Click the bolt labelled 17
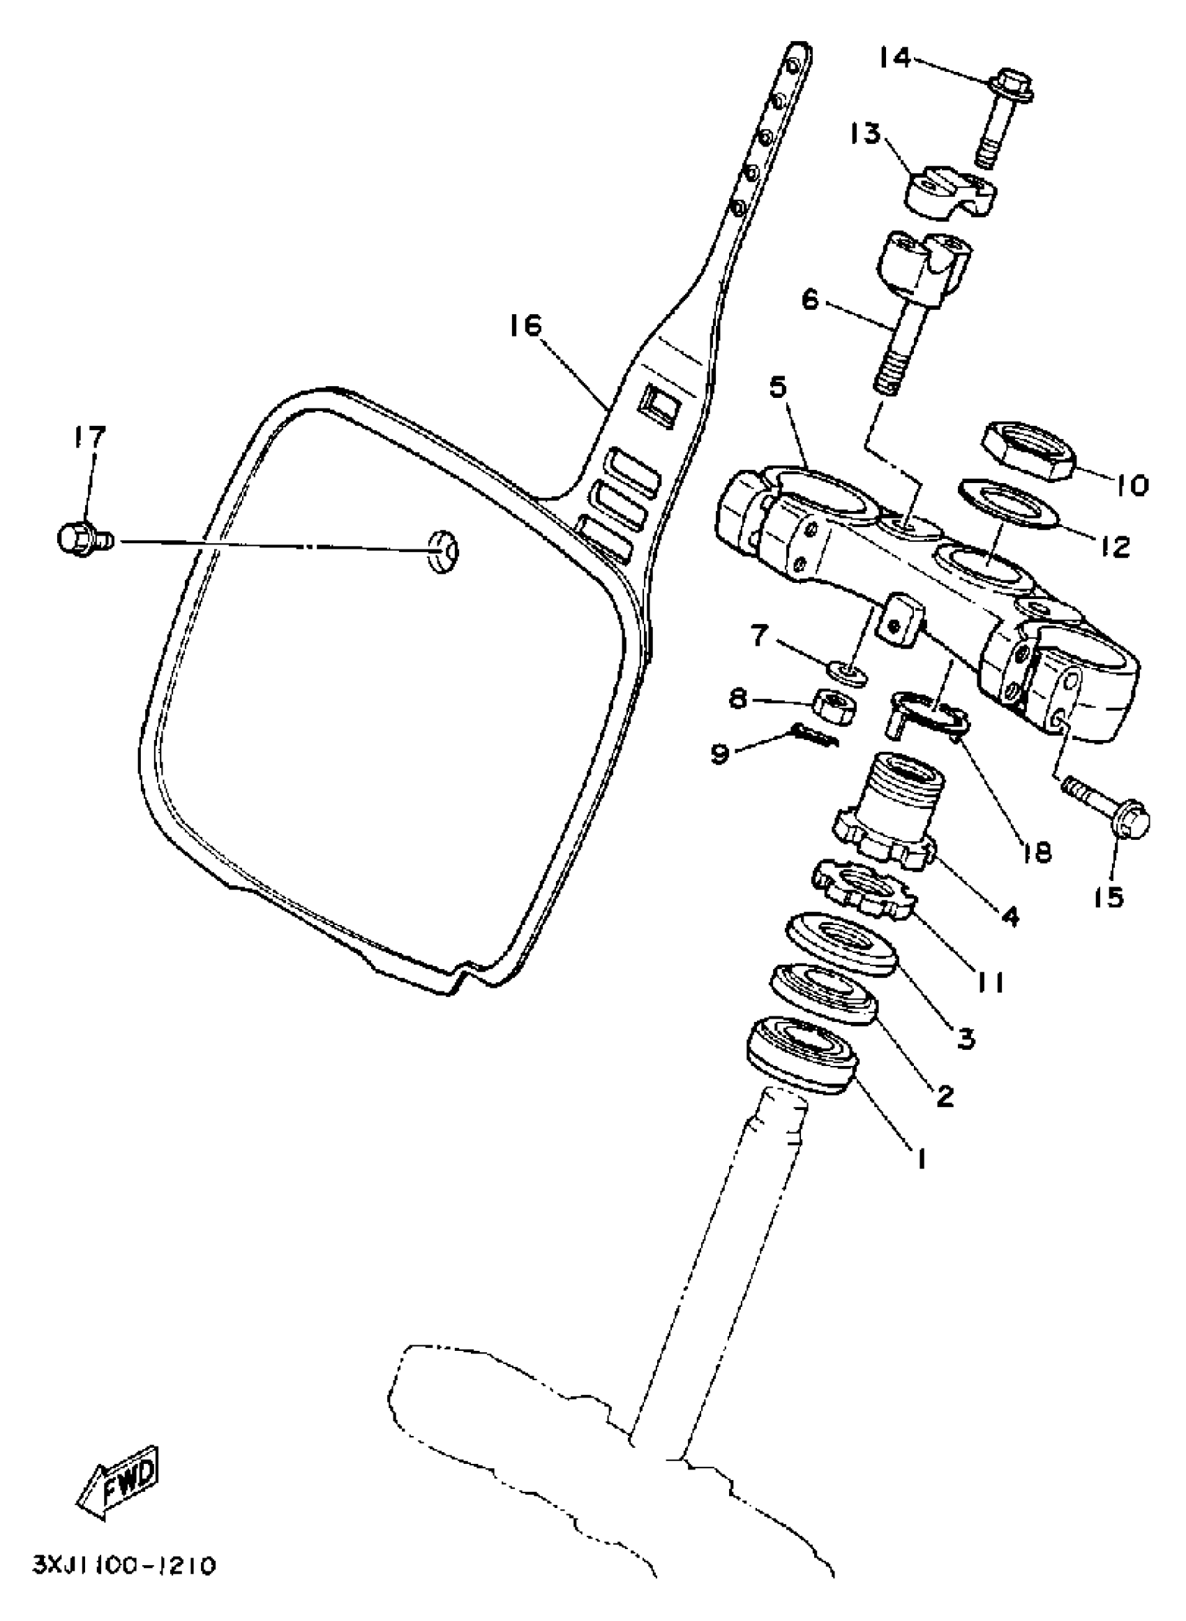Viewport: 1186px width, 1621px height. [80, 538]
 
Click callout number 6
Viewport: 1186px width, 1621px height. [810, 300]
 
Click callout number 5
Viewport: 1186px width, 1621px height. [778, 389]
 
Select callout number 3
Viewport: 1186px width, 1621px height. [965, 1037]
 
